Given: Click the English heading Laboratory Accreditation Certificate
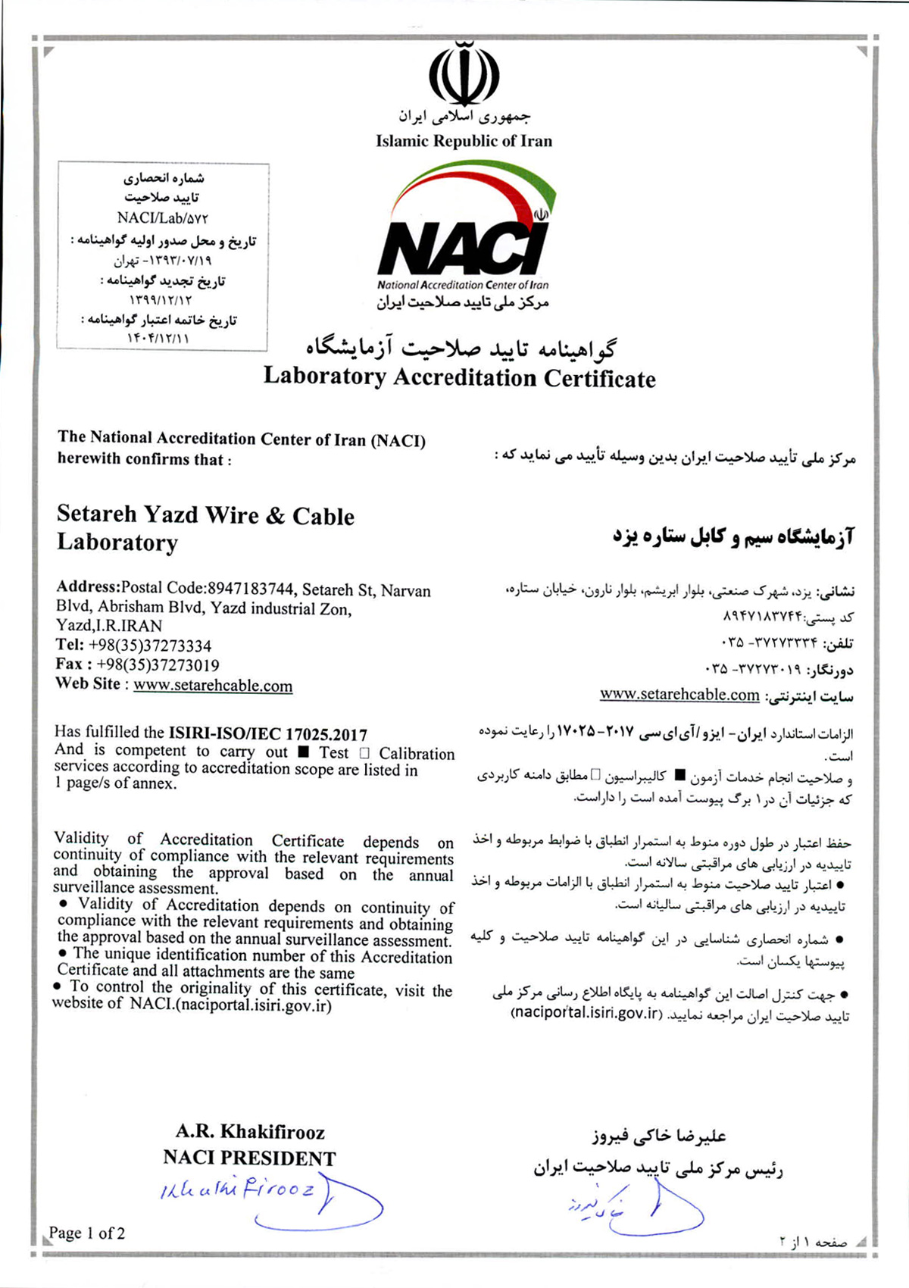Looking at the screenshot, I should [x=459, y=377].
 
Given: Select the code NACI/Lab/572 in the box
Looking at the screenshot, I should [x=162, y=218].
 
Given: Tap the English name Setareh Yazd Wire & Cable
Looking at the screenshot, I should [x=205, y=515].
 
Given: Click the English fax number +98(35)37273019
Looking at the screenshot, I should [x=158, y=665].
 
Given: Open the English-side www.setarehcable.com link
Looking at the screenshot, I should [x=213, y=686].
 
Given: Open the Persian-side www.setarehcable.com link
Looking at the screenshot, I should [x=679, y=695].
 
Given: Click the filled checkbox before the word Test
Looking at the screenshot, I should [x=304, y=752].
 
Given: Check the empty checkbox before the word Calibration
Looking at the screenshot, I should [x=364, y=753].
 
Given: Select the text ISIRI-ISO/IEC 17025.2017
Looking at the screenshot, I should [x=267, y=733].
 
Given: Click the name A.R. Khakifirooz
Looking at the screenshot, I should [x=250, y=1132].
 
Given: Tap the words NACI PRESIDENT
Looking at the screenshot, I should [x=249, y=1158].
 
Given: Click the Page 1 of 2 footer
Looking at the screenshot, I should [x=87, y=1233].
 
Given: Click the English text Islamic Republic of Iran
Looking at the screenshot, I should [x=464, y=141].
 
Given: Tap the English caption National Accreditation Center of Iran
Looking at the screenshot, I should [x=463, y=285].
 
